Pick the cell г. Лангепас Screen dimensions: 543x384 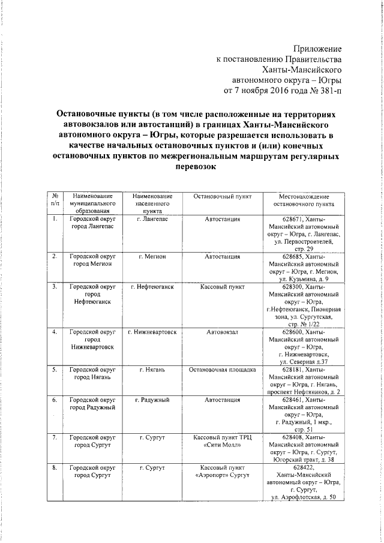coord(152,220)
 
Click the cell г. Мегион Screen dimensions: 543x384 coord(152,257)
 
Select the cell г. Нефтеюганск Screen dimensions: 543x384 coord(152,287)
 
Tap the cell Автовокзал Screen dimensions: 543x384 coord(222,332)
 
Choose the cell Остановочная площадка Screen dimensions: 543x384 coord(222,370)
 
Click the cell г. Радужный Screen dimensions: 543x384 coord(152,400)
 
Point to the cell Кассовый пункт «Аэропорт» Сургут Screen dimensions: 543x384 coord(222,471)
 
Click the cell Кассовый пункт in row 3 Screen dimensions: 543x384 coord(222,287)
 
